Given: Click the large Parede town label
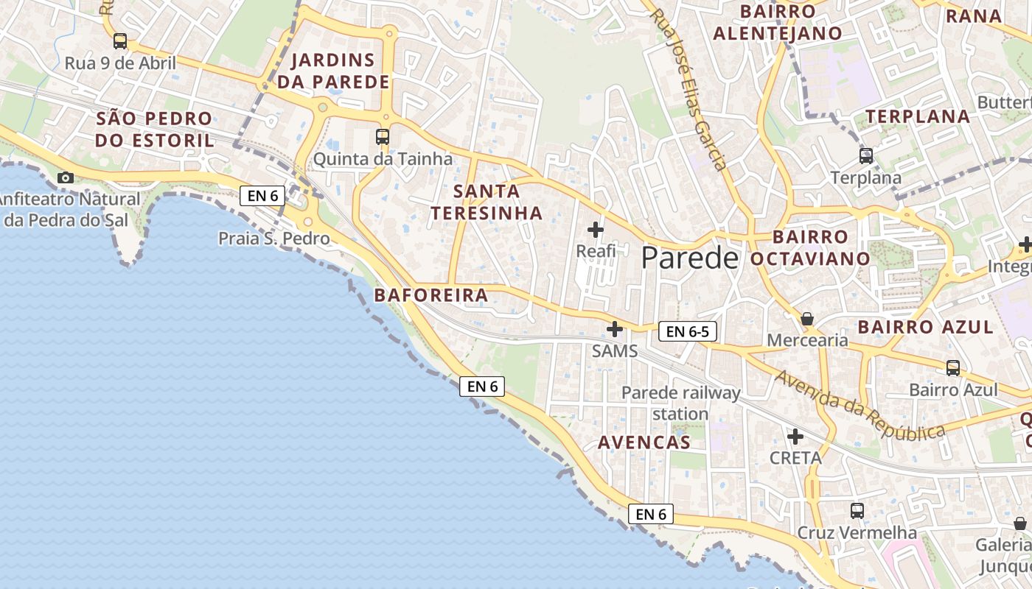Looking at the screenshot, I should pos(689,258).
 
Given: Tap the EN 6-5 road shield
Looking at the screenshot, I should pos(687,331).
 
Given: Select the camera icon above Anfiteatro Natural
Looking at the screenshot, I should pos(66,177).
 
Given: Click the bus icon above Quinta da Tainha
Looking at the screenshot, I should pos(382,136).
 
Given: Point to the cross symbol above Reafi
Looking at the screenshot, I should pos(596,230).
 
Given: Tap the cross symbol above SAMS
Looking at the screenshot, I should pos(615,329).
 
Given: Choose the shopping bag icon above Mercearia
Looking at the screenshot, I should pos(807,319).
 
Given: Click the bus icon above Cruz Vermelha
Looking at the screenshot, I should pos(857,510).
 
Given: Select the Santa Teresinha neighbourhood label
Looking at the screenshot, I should pos(487,202).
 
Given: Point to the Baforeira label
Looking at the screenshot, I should pos(431,295).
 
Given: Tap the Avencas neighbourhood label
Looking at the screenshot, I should pos(644,442).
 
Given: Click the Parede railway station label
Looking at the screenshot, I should pos(680,403).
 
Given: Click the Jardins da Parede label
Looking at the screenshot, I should pos(333,71).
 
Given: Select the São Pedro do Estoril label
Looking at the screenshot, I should pos(154,129).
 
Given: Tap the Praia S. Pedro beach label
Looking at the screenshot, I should pos(273,239).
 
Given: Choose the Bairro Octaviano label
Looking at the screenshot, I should pos(810,247).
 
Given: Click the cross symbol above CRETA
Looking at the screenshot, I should pos(795,437).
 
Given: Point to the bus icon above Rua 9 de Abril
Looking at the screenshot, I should pos(120,41).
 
